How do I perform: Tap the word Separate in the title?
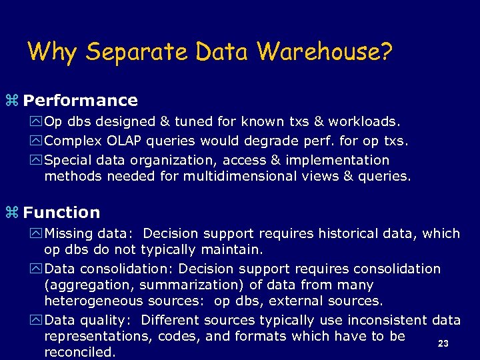point(134,51)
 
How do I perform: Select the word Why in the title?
point(53,51)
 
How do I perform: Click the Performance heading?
point(81,101)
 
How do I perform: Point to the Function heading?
point(61,213)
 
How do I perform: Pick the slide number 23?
point(443,344)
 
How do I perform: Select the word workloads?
point(364,121)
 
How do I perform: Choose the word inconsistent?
point(380,320)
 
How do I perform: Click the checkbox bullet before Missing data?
point(36,234)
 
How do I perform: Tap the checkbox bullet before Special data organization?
point(36,161)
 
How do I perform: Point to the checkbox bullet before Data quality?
point(36,321)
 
